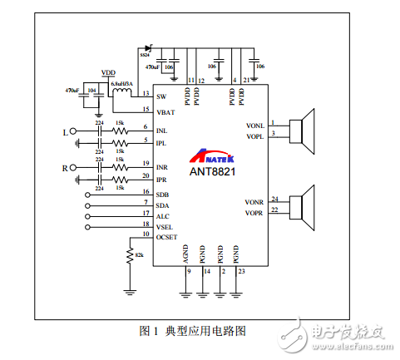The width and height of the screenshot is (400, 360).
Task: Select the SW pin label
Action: [161, 97]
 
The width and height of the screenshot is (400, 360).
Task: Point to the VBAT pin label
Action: [165, 110]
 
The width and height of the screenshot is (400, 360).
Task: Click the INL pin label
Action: [162, 129]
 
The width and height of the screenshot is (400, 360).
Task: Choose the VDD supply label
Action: [108, 73]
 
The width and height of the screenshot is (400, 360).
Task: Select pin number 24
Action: [274, 198]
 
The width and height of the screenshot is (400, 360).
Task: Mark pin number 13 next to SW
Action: [146, 93]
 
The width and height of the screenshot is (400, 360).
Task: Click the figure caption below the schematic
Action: [193, 330]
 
